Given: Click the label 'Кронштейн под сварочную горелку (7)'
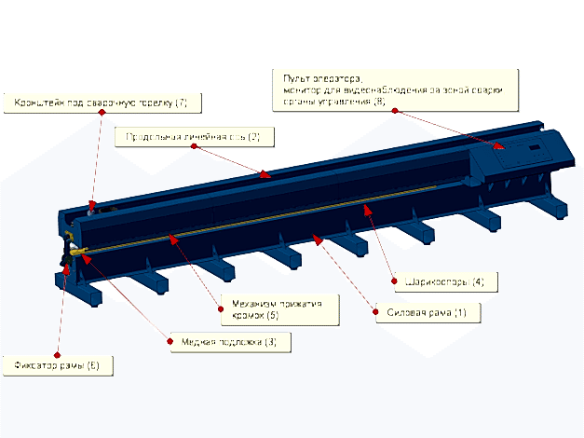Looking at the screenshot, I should [x=101, y=101].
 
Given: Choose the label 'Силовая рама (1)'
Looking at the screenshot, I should [x=426, y=311].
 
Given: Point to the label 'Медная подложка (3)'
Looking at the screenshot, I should [x=230, y=342].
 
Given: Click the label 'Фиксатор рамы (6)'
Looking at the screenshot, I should [x=56, y=365].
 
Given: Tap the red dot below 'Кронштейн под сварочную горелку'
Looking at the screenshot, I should [x=101, y=113].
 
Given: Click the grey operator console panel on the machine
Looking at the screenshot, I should [x=522, y=149].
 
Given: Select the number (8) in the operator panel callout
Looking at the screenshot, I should [x=379, y=101].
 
